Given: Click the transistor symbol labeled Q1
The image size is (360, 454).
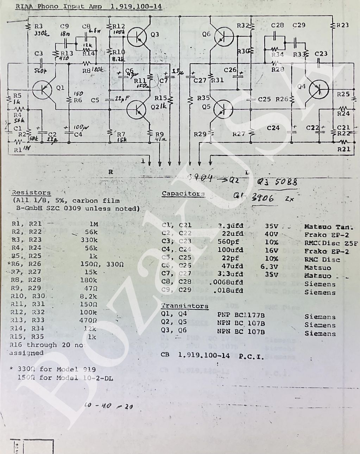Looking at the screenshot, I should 43,90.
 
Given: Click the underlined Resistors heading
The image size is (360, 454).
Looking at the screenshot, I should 31,193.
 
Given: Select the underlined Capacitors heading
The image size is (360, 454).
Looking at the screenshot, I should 183,194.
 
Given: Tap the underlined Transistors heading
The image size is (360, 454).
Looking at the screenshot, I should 185,306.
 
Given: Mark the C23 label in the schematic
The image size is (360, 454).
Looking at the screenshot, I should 321,53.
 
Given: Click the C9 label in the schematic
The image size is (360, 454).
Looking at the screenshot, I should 64,26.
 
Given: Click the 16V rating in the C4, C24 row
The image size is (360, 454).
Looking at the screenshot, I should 271,250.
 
